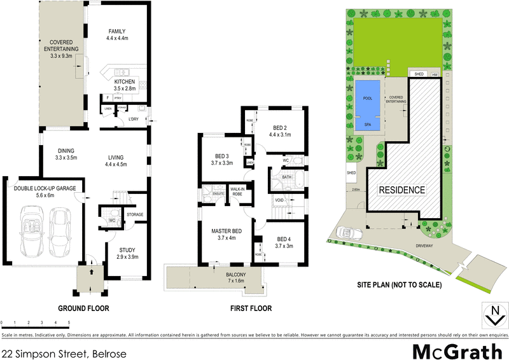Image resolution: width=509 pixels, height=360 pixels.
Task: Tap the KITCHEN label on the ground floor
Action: [x=125, y=82]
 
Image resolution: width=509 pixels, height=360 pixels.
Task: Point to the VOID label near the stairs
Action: [x=279, y=200]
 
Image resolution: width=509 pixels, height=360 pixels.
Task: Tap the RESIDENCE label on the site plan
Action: [x=401, y=190]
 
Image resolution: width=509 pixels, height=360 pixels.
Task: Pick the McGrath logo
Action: [x=456, y=350]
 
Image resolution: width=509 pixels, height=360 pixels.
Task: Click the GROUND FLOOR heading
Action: [x=83, y=308]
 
